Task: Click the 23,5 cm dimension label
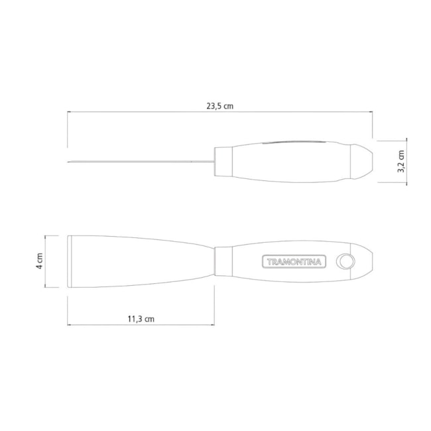point(220,106)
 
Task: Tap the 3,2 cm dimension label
point(402,161)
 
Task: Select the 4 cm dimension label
point(40,261)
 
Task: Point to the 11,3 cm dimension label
point(141,319)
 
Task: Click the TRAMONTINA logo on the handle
point(294,262)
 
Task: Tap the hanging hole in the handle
point(345,261)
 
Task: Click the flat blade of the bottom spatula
point(141,261)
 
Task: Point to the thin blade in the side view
point(141,161)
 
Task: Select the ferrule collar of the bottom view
point(223,261)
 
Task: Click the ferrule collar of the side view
point(223,162)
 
